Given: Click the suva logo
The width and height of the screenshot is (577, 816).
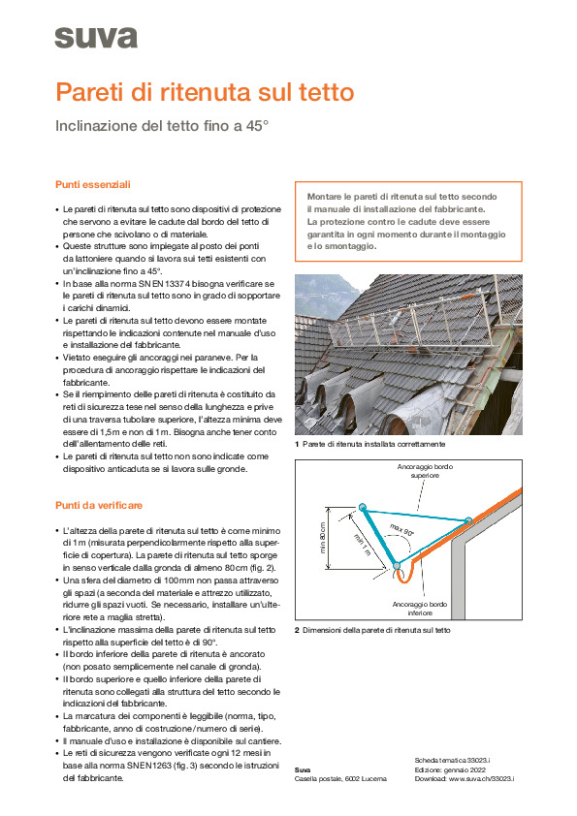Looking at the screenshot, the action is [x=96, y=38].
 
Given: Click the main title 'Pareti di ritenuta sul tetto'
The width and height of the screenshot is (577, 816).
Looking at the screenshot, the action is [x=205, y=92].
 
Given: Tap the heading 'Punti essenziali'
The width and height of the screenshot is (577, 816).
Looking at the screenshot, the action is [x=93, y=185].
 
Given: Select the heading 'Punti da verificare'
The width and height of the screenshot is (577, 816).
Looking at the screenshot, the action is [x=98, y=505].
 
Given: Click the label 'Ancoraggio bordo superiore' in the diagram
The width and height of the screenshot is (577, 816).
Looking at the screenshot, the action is [x=425, y=471].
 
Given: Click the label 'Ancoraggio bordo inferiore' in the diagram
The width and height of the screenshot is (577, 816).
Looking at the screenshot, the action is [x=420, y=609].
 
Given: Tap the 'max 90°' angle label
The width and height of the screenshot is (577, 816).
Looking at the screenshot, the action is [x=402, y=530].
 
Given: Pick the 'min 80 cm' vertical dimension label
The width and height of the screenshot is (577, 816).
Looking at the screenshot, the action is [x=322, y=538].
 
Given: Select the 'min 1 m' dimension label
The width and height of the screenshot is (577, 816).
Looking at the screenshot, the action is [x=362, y=545].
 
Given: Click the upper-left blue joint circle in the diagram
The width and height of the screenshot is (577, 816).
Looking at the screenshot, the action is [x=363, y=507].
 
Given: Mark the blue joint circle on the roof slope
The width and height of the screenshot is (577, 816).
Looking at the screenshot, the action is [x=468, y=520].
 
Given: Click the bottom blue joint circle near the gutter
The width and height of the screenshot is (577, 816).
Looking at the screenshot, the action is [x=397, y=565].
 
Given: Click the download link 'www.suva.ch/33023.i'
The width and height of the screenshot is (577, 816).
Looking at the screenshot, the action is [x=481, y=779].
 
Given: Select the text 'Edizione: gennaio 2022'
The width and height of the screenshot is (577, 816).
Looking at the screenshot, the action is [x=450, y=769].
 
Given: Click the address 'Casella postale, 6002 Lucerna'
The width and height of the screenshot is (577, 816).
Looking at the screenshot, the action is [x=340, y=779].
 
